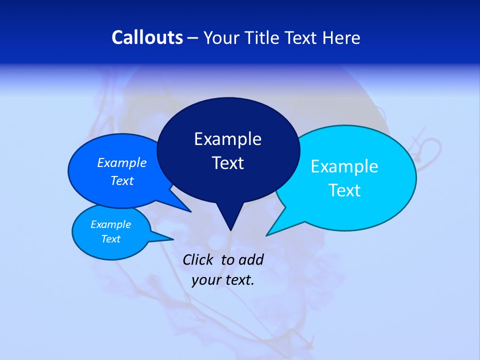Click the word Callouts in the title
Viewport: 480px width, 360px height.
147,37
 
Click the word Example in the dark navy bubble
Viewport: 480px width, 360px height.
227,139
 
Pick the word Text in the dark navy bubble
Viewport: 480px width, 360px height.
227,163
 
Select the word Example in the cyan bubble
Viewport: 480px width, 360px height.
344,166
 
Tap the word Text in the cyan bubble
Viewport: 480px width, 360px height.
344,190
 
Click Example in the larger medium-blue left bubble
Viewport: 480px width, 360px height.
122,162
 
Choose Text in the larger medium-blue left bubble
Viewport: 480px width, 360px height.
122,180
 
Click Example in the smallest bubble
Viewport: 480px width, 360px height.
110,224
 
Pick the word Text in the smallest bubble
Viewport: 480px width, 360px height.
110,239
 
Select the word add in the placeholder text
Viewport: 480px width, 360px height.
251,259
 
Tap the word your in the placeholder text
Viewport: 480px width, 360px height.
205,280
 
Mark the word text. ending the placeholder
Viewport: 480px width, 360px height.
239,280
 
